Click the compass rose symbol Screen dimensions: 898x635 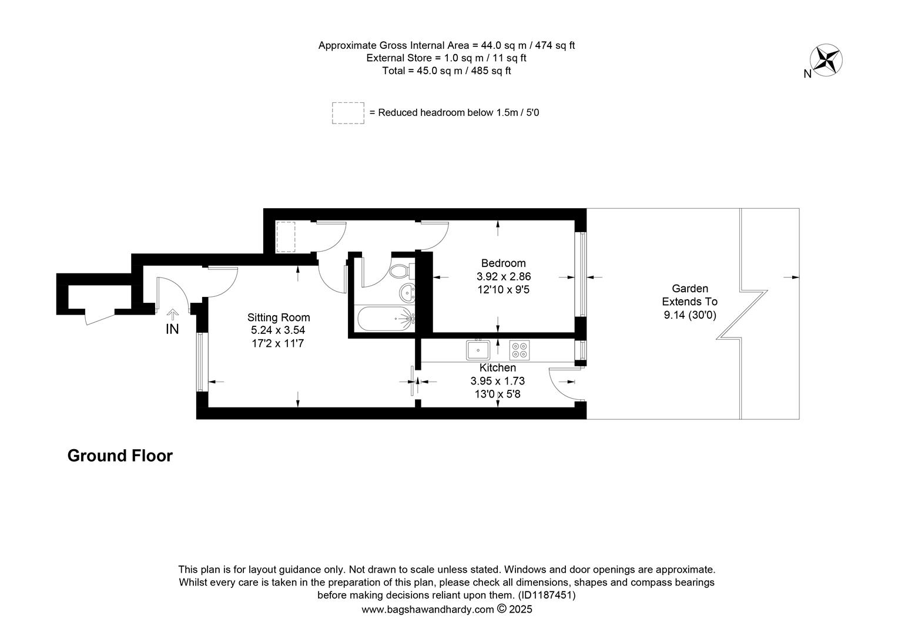click(826, 60)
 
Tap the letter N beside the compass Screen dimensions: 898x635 click(807, 74)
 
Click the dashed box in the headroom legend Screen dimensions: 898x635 click(348, 113)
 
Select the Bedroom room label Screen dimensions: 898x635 click(503, 263)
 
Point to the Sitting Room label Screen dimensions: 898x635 click(279, 317)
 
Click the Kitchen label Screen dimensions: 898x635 click(498, 367)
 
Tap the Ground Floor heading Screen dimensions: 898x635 click(120, 456)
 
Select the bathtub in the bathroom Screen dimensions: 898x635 click(386, 319)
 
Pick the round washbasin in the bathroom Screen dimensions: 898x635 click(407, 292)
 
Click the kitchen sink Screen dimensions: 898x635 click(478, 350)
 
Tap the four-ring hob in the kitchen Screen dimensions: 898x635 click(520, 350)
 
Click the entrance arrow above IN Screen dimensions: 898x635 click(172, 314)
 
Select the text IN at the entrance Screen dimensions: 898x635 click(172, 329)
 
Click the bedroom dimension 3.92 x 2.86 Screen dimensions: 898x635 click(504, 276)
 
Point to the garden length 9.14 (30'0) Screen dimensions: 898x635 click(690, 315)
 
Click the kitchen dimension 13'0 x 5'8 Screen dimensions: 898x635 click(498, 394)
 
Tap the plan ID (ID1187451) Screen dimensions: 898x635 click(547, 595)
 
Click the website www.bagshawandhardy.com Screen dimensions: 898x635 click(427, 610)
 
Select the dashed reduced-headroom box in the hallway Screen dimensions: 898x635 click(286, 237)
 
